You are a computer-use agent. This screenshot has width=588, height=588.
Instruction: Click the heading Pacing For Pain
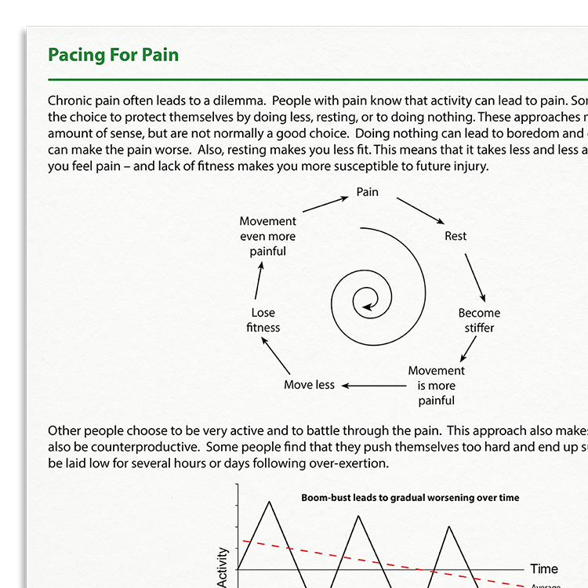click(113, 55)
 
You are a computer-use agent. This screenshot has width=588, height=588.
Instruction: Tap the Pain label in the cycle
click(368, 191)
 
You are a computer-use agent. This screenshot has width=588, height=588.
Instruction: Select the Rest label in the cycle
click(456, 236)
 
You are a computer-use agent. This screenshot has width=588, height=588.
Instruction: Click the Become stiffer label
click(479, 320)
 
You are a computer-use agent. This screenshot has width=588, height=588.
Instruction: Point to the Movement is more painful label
click(437, 385)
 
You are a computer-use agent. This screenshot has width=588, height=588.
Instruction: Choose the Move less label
click(309, 385)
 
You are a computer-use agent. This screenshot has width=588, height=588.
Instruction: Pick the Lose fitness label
click(263, 320)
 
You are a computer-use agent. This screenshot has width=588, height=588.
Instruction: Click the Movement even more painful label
click(268, 236)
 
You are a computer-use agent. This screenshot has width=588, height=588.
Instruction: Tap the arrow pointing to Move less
click(372, 385)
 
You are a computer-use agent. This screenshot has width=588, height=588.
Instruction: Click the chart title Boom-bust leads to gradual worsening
click(410, 498)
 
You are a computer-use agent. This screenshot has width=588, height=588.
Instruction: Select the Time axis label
click(544, 569)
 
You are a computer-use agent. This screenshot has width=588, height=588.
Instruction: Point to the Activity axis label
click(223, 568)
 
